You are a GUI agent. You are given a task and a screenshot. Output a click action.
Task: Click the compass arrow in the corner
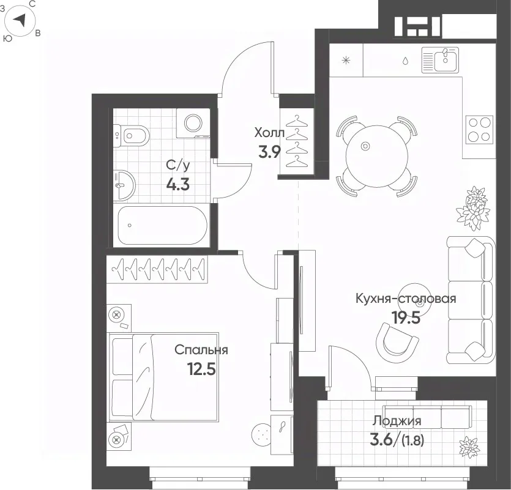click(20, 20)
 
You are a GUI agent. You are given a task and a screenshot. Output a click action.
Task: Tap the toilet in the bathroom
click(132, 136)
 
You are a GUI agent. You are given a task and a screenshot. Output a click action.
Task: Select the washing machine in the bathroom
click(193, 123)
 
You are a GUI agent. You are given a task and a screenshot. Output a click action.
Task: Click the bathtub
click(162, 225)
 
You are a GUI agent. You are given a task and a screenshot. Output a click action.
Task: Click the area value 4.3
click(177, 185)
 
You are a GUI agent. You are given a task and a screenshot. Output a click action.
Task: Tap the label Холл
click(269, 133)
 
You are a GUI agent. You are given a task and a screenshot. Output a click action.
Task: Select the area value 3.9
click(269, 152)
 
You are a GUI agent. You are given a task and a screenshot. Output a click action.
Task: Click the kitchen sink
click(440, 59)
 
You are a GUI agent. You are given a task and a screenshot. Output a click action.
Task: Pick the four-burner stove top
click(479, 130)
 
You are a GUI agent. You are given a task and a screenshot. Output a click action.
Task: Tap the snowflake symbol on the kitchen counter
click(346, 61)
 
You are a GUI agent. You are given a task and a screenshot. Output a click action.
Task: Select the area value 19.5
click(406, 317)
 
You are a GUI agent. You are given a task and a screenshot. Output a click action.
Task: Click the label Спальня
click(201, 351)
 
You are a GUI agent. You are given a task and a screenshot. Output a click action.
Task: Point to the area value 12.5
click(201, 369)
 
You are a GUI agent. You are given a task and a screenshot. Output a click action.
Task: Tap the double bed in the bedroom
click(163, 377)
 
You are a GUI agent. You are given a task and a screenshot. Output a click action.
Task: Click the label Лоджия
click(397, 421)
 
